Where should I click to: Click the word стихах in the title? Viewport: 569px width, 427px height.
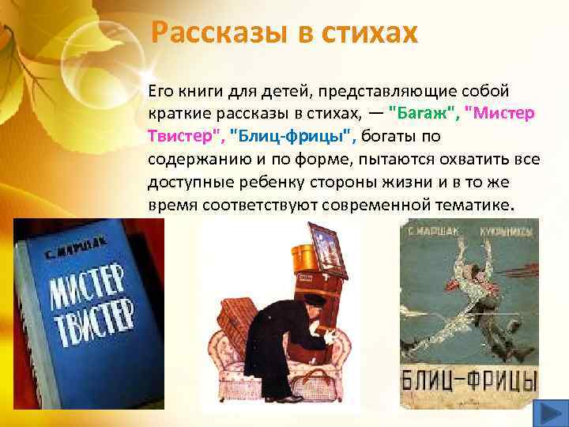[x=365, y=32]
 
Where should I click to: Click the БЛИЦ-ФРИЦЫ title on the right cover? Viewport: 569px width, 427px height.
[x=471, y=379]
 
